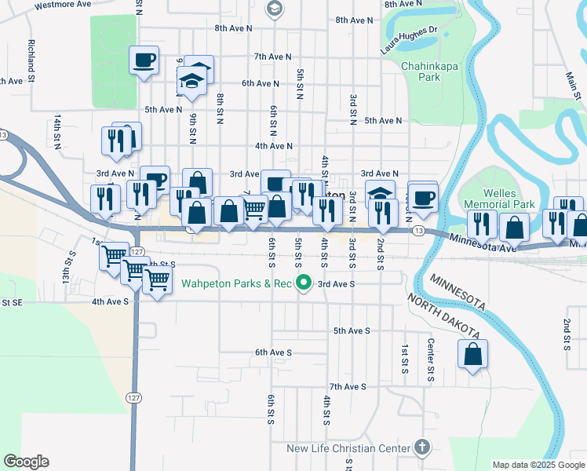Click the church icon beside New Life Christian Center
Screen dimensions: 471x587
click(423, 448)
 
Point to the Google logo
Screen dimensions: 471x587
click(26, 462)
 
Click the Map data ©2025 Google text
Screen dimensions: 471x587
click(538, 465)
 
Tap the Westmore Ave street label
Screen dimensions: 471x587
click(64, 4)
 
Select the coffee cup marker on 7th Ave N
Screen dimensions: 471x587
click(144, 61)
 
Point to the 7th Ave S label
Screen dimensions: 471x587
click(348, 387)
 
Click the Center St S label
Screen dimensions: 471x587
click(430, 357)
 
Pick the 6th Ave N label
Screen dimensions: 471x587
click(261, 83)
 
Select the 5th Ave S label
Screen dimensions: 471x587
click(351, 331)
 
